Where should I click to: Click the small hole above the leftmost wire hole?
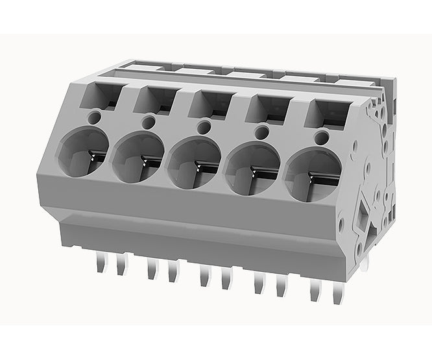pos(95,117)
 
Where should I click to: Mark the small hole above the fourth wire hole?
pos(263,130)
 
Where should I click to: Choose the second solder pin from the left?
pos(121,266)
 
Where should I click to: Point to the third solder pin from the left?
pos(151,269)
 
